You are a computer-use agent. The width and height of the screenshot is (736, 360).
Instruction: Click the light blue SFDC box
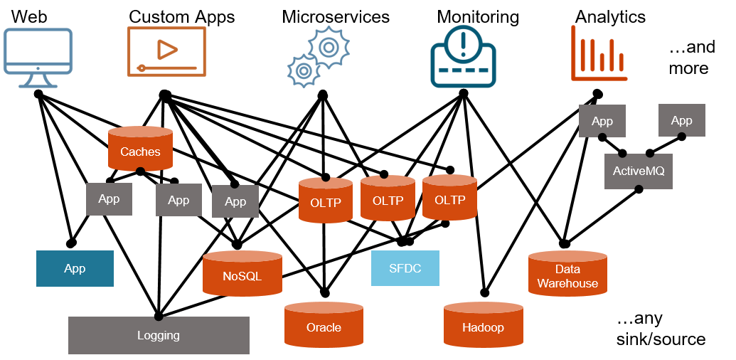(405, 268)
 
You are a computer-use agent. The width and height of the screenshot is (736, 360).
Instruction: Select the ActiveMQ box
(638, 171)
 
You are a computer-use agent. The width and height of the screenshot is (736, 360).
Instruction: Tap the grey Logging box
(159, 335)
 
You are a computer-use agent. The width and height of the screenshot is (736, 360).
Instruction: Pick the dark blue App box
(75, 268)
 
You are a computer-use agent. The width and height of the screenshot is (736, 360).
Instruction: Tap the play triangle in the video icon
(167, 49)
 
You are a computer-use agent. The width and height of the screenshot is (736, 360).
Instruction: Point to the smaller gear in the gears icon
(303, 70)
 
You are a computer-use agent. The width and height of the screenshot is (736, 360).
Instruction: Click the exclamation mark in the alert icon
(464, 41)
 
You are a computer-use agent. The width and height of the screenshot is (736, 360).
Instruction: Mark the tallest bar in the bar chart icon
(582, 54)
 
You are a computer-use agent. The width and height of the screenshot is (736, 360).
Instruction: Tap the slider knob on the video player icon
(142, 68)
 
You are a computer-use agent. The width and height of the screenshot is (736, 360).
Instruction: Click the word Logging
(159, 335)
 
